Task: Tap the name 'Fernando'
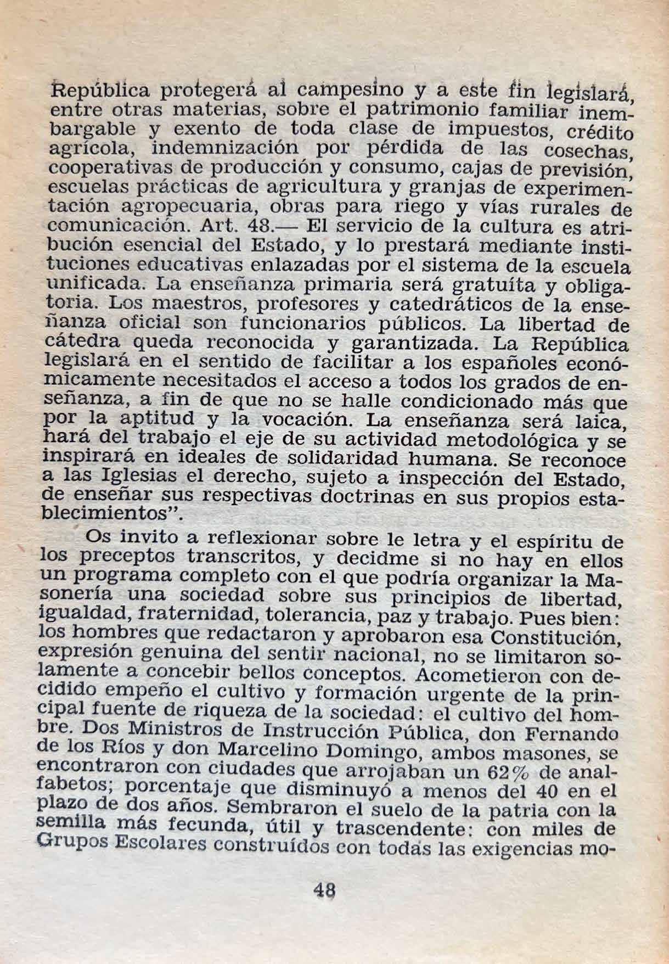[576, 734]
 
